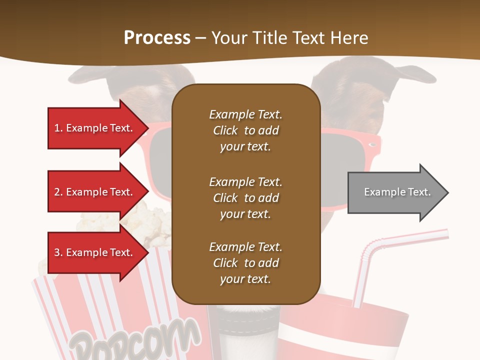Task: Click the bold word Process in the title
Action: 157,38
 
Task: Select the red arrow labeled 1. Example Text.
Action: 95,128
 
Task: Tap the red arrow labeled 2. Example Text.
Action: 95,192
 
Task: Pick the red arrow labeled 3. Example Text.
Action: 95,252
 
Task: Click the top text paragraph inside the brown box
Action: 245,130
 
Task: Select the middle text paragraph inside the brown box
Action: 245,198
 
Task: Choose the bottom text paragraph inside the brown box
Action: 245,263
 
